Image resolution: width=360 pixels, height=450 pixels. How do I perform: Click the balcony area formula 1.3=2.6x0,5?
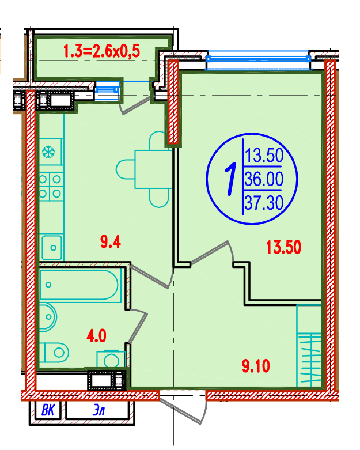pyautogui.click(x=101, y=51)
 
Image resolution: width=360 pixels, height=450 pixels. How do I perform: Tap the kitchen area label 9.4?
pyautogui.click(x=111, y=241)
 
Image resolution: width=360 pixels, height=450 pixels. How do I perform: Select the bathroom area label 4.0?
pyautogui.click(x=96, y=335)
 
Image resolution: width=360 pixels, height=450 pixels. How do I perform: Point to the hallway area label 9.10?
pyautogui.click(x=256, y=366)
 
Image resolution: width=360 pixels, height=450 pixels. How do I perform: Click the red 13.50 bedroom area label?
pyautogui.click(x=283, y=247)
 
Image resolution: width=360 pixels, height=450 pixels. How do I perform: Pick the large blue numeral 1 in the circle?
pyautogui.click(x=230, y=179)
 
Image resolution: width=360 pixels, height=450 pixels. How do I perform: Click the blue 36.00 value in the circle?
pyautogui.click(x=264, y=179)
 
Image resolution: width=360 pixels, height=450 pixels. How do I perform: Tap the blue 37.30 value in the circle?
pyautogui.click(x=264, y=202)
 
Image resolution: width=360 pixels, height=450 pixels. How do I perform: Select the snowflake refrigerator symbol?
pyautogui.click(x=48, y=152)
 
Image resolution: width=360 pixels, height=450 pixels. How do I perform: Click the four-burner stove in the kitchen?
pyautogui.click(x=51, y=187)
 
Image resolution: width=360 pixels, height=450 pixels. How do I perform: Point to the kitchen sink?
pyautogui.click(x=52, y=247)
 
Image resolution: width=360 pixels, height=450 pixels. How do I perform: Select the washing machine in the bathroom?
pyautogui.click(x=111, y=359)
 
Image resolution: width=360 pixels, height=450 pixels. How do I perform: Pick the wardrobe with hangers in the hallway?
pyautogui.click(x=309, y=346)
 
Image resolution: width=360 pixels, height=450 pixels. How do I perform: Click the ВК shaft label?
pyautogui.click(x=48, y=410)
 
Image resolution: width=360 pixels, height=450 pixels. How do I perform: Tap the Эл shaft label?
pyautogui.click(x=98, y=411)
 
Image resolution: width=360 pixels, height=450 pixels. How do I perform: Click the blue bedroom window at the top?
pyautogui.click(x=258, y=59)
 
